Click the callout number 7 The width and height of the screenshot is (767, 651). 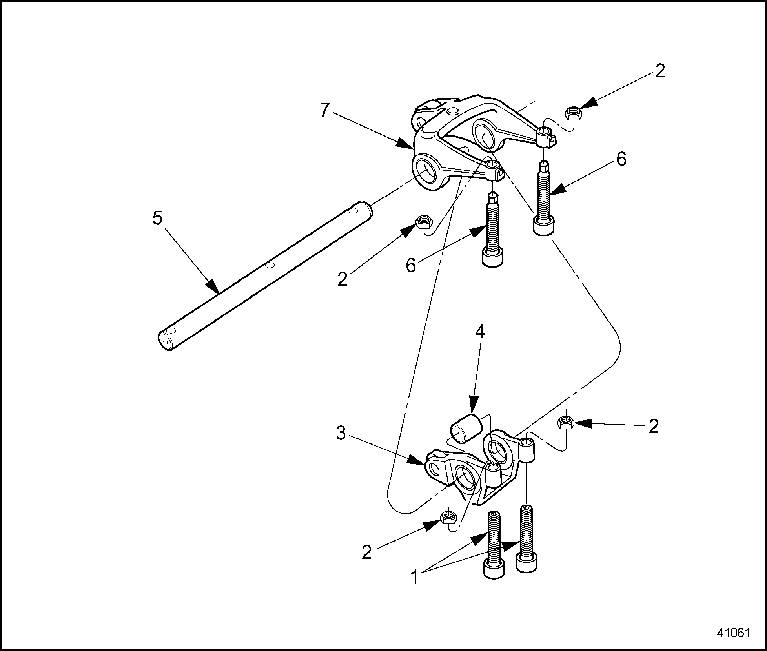[324, 110]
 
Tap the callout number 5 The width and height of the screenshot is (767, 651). [157, 218]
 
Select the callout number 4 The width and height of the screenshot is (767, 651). [480, 332]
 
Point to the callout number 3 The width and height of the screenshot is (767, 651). [341, 434]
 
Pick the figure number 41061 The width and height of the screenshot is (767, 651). [733, 633]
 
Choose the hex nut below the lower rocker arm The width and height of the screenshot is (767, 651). [448, 517]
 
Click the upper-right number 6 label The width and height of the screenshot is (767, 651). [621, 160]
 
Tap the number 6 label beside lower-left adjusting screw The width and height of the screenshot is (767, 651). [411, 266]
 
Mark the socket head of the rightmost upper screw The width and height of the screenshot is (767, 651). [543, 226]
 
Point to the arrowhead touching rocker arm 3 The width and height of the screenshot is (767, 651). [417, 460]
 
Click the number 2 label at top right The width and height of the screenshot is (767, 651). [660, 71]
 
